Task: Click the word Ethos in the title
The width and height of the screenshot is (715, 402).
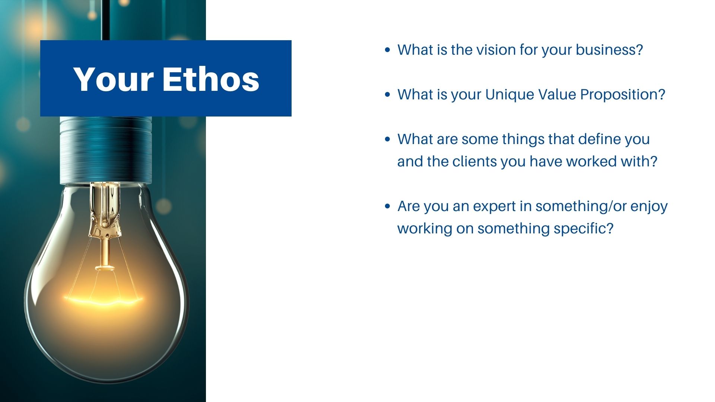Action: click(x=211, y=79)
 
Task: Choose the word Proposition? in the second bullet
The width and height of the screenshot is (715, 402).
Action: click(x=623, y=95)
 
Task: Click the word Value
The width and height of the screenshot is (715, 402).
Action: click(x=555, y=94)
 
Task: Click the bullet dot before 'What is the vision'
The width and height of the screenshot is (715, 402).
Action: click(x=388, y=50)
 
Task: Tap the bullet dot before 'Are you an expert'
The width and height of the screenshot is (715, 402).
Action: click(x=388, y=206)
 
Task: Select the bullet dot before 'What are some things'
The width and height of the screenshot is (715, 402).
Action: click(x=388, y=139)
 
